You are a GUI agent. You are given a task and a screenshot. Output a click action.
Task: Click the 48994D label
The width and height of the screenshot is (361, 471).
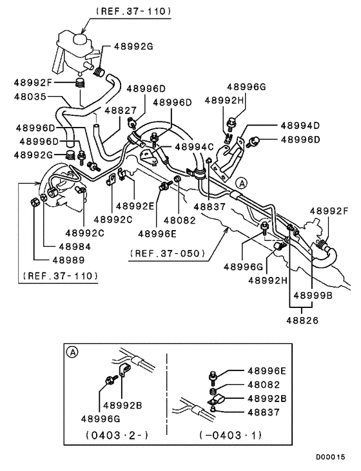(300, 126)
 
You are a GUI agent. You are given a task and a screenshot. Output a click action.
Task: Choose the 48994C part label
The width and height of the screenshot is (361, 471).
(193, 147)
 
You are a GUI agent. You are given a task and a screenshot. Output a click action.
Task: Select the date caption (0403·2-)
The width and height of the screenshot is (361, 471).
(117, 435)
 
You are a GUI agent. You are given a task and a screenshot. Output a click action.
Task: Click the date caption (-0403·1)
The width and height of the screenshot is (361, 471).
(231, 435)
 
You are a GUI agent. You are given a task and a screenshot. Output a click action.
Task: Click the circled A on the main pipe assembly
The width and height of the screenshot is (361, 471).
(240, 183)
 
